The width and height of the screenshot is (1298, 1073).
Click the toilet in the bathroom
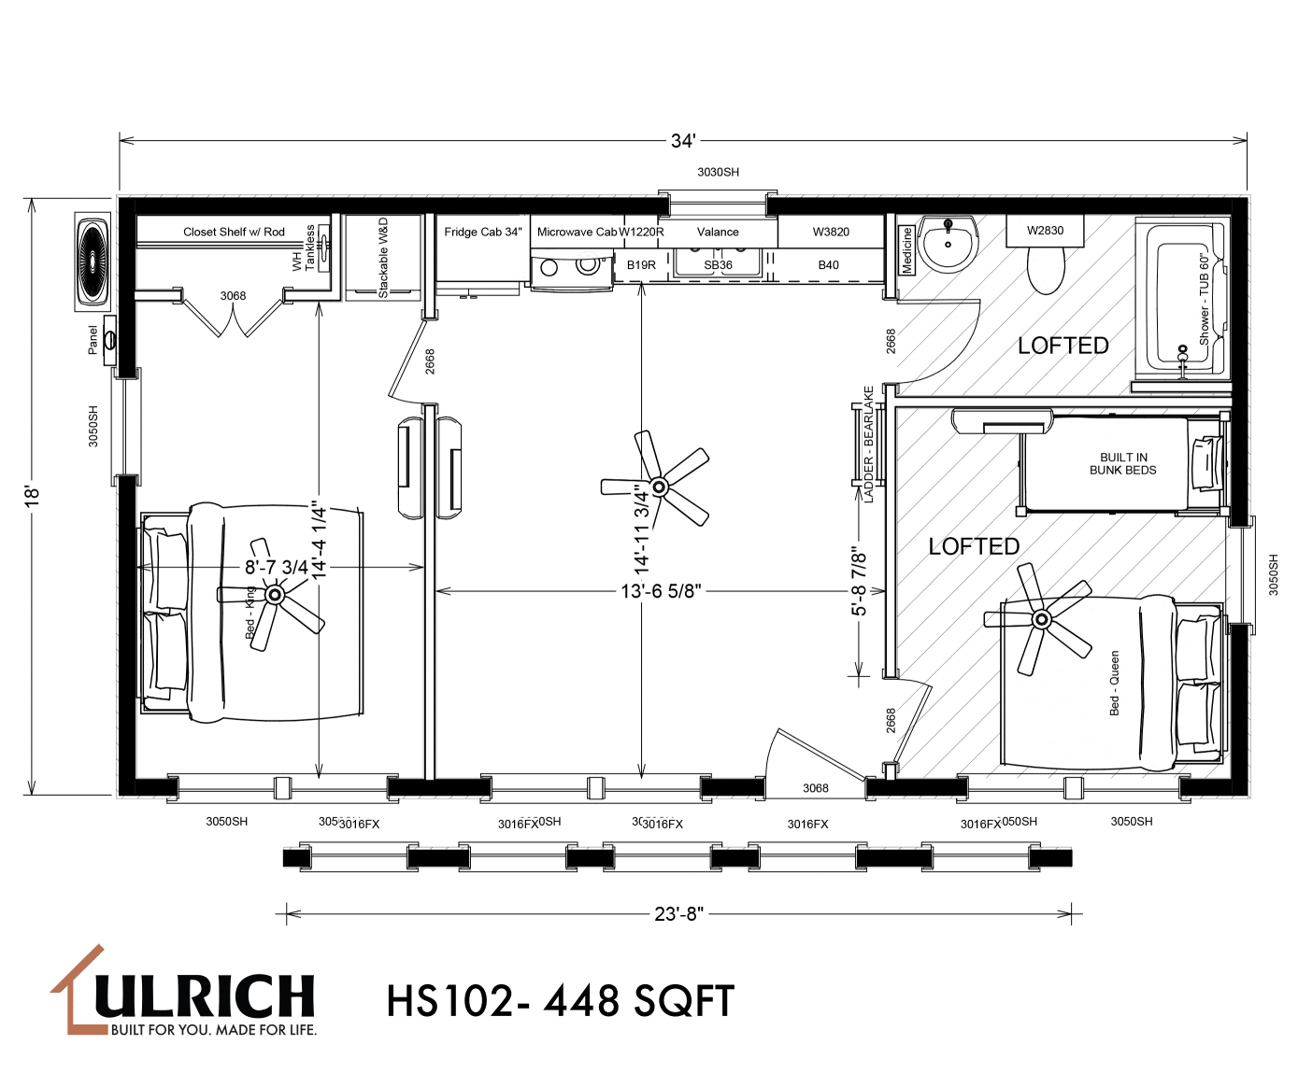1045,271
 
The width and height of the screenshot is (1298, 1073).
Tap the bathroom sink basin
949,241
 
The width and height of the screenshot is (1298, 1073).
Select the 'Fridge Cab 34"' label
482,232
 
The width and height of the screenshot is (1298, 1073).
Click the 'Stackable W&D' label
383,258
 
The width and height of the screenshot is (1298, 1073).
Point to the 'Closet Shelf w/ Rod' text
234,232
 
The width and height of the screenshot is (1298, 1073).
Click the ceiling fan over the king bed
274,595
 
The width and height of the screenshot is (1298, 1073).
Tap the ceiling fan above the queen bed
1041,618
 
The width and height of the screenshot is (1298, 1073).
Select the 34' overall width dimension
682,141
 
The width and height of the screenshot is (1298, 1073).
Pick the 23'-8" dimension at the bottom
678,913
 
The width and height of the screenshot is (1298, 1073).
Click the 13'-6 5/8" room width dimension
661,591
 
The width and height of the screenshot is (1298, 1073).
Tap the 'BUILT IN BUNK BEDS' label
1122,464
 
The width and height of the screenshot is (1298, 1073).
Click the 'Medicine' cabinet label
906,250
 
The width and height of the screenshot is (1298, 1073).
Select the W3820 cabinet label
831,232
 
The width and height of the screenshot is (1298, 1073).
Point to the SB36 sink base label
718,265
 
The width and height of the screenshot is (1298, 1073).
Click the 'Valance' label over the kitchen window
718,232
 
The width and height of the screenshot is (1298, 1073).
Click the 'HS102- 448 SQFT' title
561,1001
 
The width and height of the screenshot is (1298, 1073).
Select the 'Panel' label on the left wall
93,340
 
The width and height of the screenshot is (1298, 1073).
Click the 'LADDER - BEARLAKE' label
869,445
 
